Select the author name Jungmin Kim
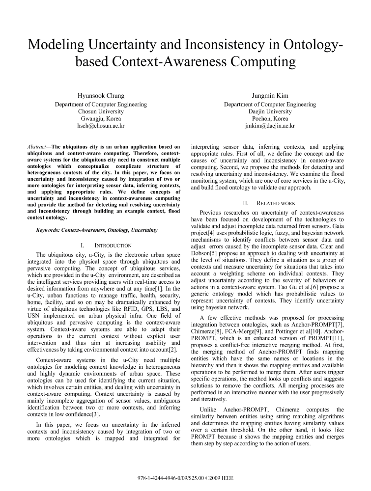click(270, 95)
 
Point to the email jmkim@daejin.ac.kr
click(270, 126)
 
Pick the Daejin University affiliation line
click(270, 111)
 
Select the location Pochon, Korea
click(270, 119)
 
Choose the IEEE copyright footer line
click(185, 477)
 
